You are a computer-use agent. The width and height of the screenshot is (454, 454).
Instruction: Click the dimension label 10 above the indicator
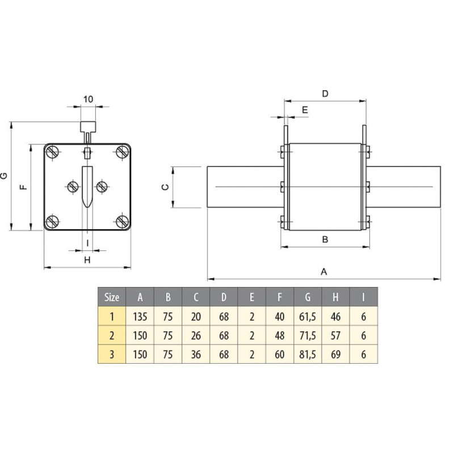point(88,99)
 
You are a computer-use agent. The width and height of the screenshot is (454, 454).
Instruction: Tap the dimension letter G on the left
point(5,176)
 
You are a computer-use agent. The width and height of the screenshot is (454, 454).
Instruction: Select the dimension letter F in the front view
point(23,187)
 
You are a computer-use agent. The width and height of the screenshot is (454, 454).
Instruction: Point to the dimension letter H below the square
point(87,260)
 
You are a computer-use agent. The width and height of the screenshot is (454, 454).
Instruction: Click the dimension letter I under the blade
point(87,242)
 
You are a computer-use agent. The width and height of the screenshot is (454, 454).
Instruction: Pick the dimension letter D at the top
point(325,94)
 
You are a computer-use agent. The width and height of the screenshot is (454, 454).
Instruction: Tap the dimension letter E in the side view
point(305,110)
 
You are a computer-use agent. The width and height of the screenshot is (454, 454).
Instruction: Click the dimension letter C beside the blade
point(164,187)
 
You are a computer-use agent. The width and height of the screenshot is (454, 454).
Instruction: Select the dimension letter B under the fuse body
point(325,239)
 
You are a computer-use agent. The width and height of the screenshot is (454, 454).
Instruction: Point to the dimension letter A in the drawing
point(324,271)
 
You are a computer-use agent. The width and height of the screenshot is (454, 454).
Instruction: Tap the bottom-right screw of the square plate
point(122,221)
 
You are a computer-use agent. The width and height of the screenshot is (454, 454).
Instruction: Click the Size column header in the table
point(112,297)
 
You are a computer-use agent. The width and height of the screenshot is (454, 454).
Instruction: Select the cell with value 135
point(140,316)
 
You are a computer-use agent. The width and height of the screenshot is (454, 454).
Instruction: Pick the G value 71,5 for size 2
point(308,335)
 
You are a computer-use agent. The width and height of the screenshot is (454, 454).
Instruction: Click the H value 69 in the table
point(335,355)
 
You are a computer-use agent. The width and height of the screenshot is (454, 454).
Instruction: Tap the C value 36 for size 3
point(196,355)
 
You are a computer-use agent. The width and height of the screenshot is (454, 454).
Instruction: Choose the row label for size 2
point(112,335)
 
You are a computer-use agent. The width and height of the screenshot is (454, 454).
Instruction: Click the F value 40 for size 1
point(280,316)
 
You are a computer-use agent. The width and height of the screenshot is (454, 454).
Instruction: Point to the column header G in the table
point(308,297)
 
